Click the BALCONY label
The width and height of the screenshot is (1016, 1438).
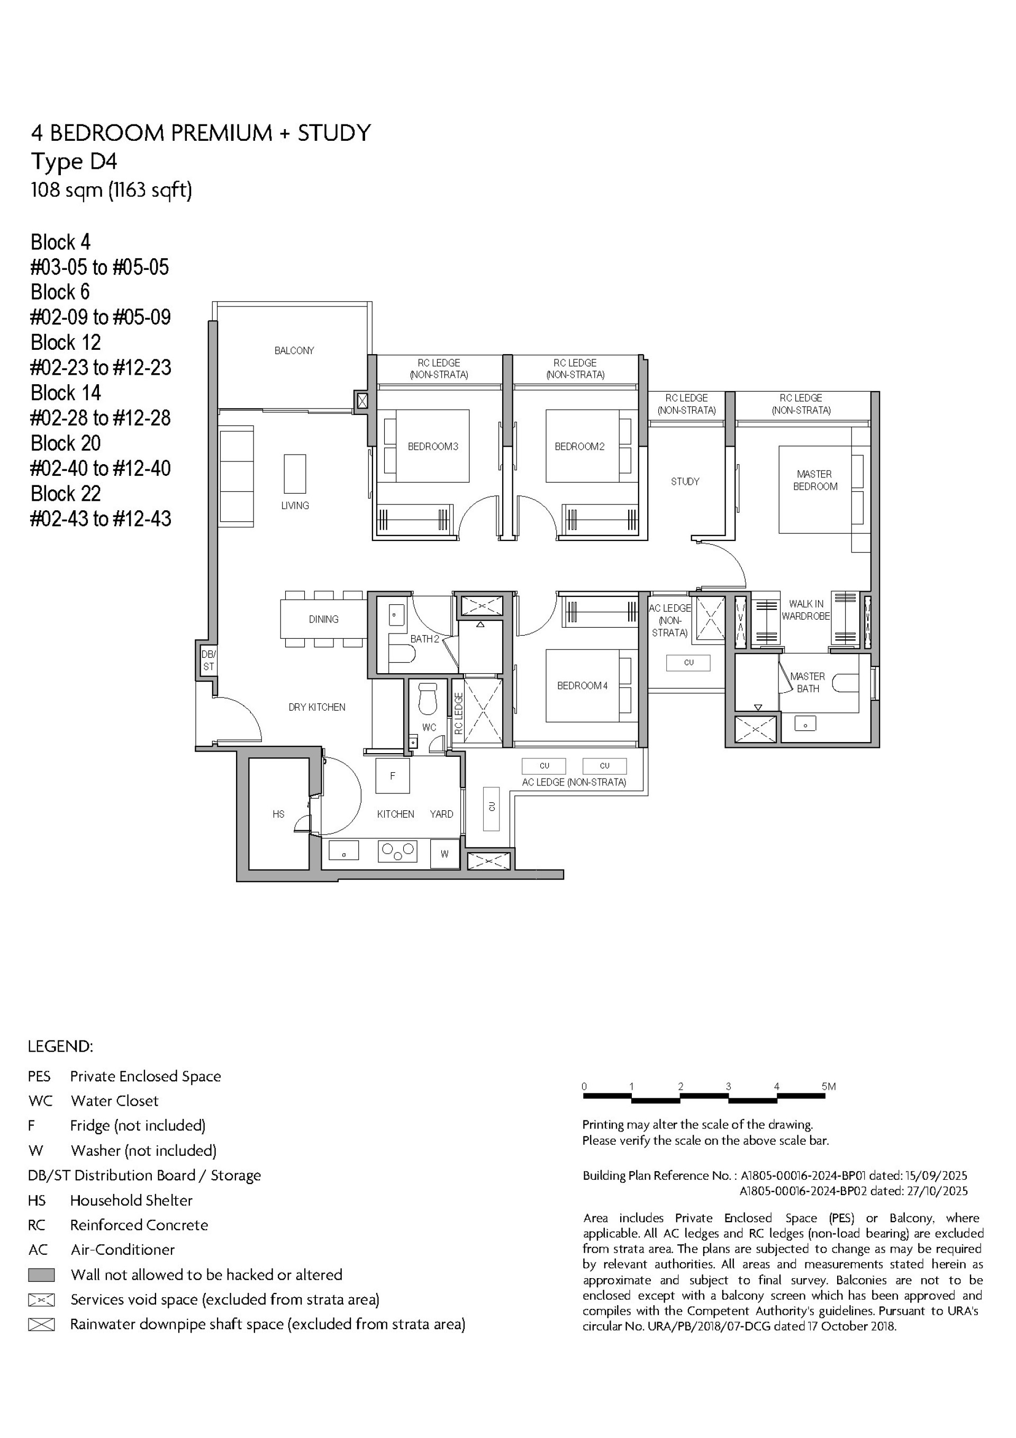[294, 351]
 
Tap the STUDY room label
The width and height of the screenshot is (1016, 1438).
[685, 482]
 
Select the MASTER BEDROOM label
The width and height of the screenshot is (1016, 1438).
[814, 481]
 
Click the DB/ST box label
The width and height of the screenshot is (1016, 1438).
[208, 660]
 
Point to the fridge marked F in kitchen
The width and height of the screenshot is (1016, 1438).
[393, 775]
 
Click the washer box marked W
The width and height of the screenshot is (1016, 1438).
[444, 854]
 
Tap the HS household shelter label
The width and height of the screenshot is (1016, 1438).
[278, 814]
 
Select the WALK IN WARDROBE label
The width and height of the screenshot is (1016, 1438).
[805, 610]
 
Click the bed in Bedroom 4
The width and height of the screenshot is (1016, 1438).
[583, 686]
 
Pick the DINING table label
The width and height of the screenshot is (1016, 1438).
[323, 619]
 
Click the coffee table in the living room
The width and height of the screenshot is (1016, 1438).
[295, 474]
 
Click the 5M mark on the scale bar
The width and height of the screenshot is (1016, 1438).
[828, 1087]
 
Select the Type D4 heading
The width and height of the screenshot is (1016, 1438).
[74, 161]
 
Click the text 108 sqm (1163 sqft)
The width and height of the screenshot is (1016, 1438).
[112, 190]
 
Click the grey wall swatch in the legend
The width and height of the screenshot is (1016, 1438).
[41, 1275]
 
